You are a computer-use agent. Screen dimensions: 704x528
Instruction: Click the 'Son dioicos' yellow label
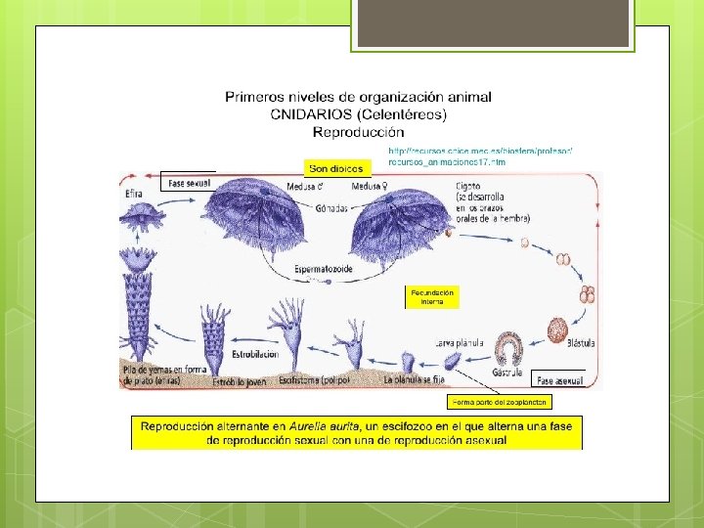pos(335,168)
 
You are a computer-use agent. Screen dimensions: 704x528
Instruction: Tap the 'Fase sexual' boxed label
pos(189,183)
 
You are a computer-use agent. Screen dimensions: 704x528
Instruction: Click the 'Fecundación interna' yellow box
pos(431,297)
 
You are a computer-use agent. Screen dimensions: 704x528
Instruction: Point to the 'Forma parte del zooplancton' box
pos(501,402)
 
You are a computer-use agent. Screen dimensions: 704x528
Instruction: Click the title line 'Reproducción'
pos(358,131)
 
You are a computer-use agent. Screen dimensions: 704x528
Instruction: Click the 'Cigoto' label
pos(466,185)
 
